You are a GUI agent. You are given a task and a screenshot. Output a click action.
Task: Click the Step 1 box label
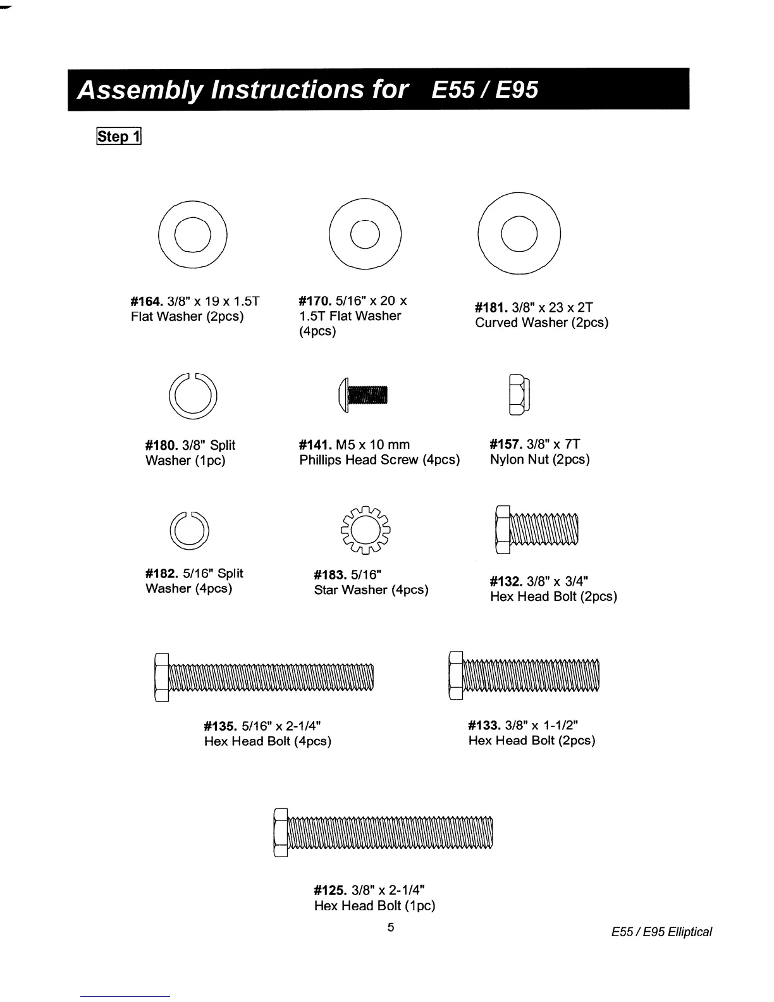(x=118, y=136)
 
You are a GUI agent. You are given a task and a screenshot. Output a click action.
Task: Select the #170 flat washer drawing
(x=365, y=234)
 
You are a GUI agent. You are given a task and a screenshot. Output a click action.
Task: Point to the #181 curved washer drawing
(x=519, y=233)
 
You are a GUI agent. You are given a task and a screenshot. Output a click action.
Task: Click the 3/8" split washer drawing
(x=193, y=397)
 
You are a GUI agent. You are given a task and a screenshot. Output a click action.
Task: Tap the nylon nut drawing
(x=519, y=395)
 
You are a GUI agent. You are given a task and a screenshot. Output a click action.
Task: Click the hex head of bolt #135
(x=161, y=677)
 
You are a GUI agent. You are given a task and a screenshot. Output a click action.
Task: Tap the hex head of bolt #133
(x=455, y=676)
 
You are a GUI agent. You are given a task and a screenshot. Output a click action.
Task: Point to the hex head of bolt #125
(x=280, y=834)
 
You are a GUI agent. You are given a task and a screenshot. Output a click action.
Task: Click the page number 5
(x=391, y=927)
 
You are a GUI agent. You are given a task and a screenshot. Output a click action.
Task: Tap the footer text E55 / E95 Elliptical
(x=661, y=932)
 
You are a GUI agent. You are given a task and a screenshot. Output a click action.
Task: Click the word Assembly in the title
(x=139, y=89)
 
